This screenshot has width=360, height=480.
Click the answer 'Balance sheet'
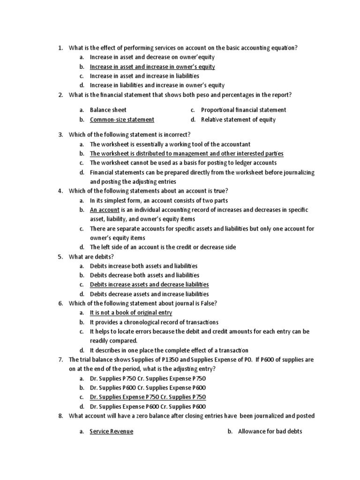[108, 110]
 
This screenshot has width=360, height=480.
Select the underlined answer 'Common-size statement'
[122, 120]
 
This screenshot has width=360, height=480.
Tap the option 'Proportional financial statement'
[243, 110]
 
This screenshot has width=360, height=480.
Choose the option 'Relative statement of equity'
[238, 120]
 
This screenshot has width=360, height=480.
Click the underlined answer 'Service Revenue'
[112, 432]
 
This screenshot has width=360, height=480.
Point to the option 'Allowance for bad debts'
[270, 432]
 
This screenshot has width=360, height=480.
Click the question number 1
[60, 48]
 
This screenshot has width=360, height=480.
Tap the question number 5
[60, 257]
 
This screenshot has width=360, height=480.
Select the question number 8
[60, 416]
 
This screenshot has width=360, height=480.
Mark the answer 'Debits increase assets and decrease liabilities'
[149, 285]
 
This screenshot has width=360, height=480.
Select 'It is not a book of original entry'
[131, 313]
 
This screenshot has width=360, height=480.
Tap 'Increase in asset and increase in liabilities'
[144, 76]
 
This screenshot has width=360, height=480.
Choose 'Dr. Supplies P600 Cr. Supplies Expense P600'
[148, 388]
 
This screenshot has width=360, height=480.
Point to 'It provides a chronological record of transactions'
[154, 322]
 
